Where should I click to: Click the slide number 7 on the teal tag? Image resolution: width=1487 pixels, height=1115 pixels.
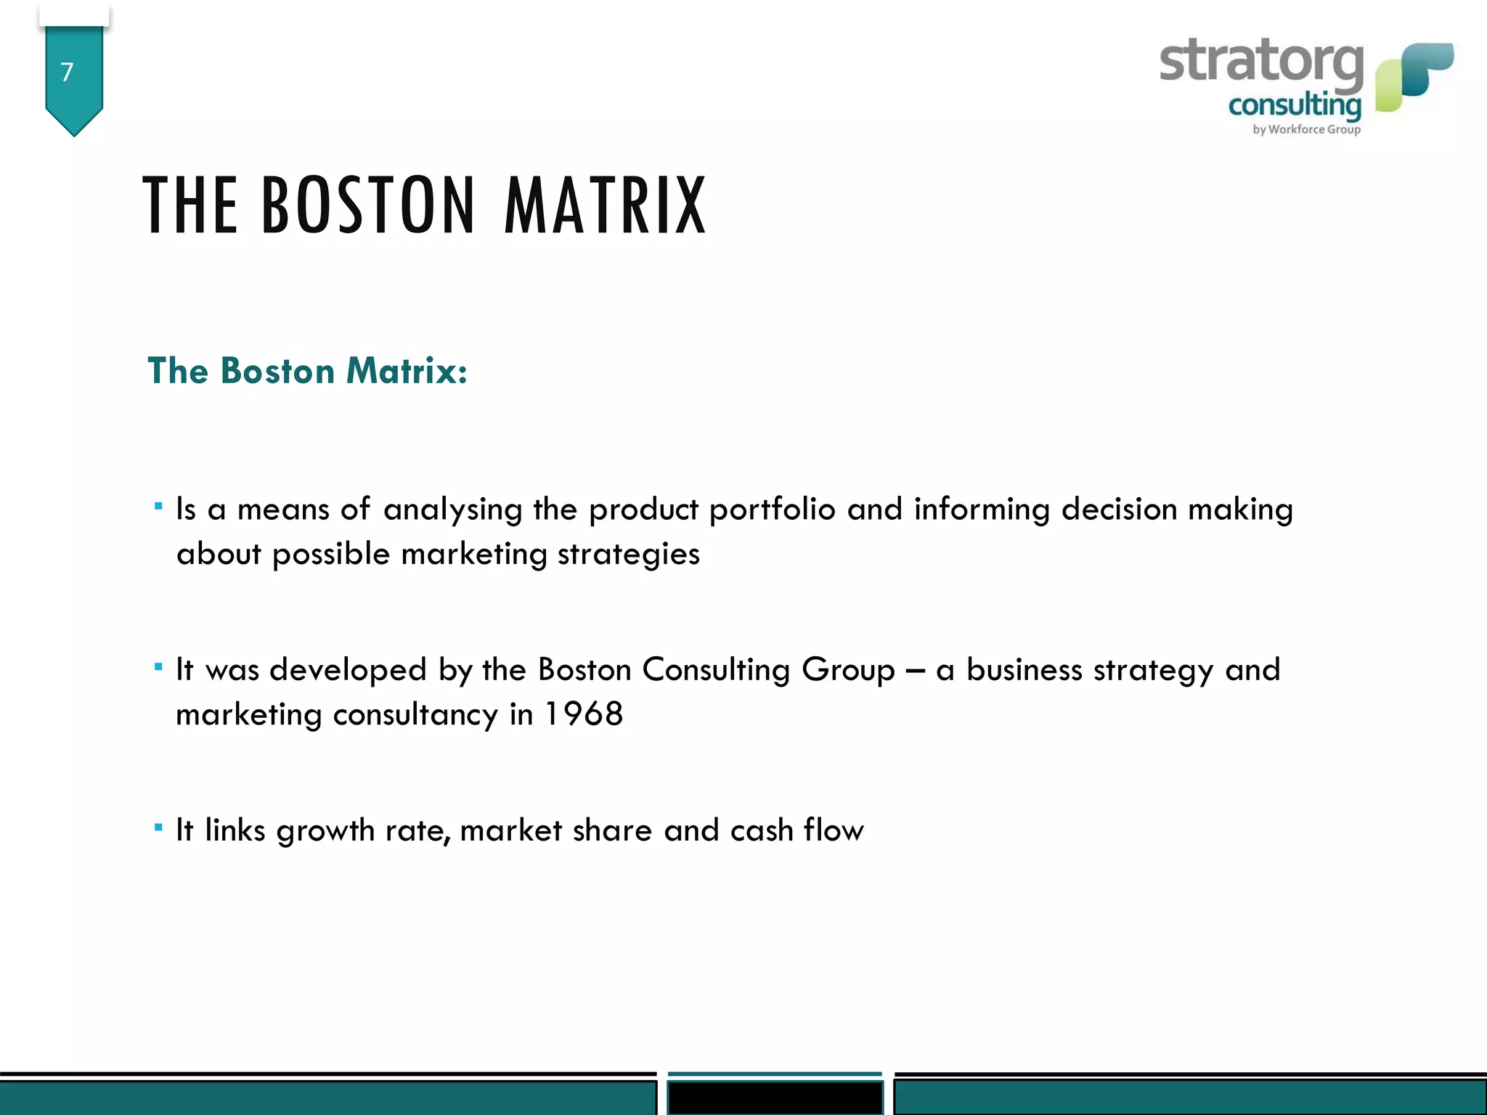point(67,72)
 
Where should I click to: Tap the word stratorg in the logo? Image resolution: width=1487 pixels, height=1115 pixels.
point(1261,62)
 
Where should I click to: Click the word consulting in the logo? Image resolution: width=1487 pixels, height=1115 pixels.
point(1295,106)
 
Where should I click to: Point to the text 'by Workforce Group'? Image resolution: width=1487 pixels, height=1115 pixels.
point(1306,129)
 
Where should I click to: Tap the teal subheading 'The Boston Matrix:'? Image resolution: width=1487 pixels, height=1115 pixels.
point(307,371)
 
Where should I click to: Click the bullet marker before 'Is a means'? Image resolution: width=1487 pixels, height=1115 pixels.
point(158,506)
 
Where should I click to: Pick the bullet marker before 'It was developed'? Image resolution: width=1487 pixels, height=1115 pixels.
point(158,666)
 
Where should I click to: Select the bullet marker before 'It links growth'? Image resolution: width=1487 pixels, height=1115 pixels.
point(158,827)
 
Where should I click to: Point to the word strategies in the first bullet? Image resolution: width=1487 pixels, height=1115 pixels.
point(628,555)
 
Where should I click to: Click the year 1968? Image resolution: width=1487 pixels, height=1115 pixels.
point(584,714)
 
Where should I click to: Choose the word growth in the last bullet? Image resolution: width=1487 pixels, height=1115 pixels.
point(325,831)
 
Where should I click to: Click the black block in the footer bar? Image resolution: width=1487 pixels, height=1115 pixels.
point(775,1097)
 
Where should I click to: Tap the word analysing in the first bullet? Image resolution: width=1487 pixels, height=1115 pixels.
point(452,510)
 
